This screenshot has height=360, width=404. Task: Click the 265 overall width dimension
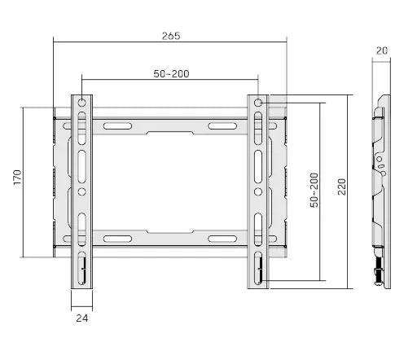170,36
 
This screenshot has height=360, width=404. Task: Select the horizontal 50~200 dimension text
171,74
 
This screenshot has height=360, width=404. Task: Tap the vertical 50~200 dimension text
314,190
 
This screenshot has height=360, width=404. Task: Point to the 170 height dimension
16,177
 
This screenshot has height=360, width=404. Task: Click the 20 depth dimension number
381,50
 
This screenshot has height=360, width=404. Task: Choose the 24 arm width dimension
81,318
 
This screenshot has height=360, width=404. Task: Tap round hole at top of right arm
258,103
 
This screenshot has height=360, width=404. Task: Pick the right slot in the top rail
222,125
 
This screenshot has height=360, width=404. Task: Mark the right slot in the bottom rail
222,239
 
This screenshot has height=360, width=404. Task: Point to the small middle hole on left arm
82,192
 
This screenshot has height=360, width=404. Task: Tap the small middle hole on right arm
258,192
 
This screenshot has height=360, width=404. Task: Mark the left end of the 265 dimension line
53,42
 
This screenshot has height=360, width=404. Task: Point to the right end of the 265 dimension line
288,42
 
